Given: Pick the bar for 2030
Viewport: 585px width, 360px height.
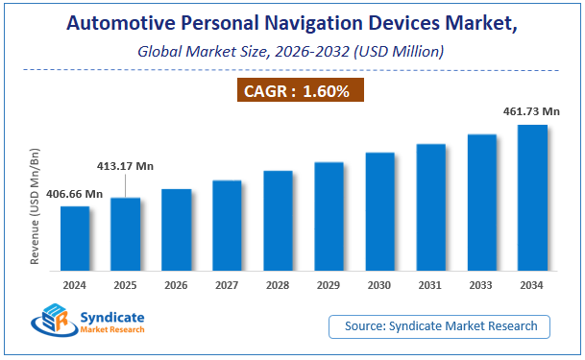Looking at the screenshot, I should coord(379,215).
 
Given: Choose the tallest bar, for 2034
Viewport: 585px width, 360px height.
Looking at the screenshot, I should coord(532,202).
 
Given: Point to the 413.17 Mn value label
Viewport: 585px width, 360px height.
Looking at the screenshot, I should coord(125,166).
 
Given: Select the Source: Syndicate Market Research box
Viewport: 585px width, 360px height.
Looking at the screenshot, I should coord(440,327).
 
